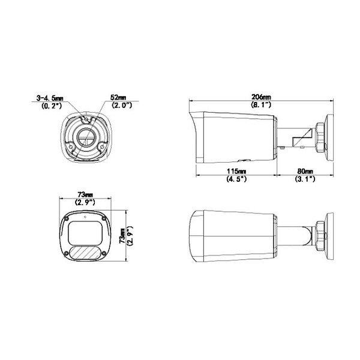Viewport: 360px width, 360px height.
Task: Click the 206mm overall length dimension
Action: click(261, 97)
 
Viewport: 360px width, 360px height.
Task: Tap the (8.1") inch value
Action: click(261, 104)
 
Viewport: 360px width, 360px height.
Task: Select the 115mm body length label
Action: click(236, 171)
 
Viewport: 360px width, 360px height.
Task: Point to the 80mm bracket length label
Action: click(305, 171)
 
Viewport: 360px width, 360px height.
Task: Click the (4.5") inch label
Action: click(236, 179)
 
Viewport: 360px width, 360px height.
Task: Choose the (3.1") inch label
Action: click(305, 179)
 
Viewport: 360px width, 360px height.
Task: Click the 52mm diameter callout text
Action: click(118, 97)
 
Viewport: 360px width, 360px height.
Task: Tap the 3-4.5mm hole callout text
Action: click(50, 98)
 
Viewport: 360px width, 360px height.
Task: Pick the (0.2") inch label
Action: click(52, 106)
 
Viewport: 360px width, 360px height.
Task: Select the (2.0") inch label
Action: click(122, 105)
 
